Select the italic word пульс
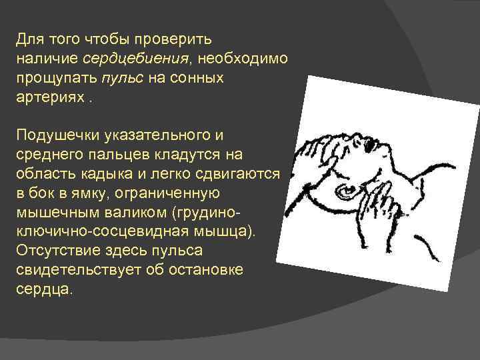[121, 79]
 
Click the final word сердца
[43, 291]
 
